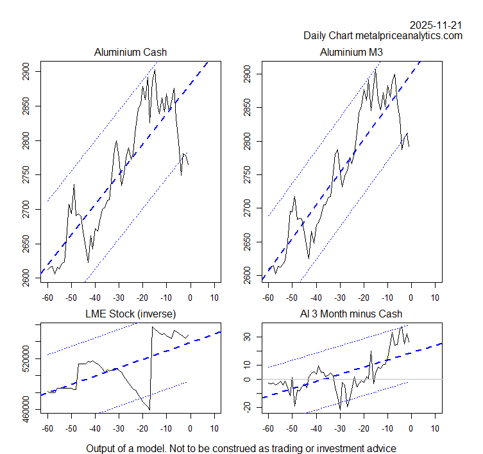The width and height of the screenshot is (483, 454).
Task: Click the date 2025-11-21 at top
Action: tap(436, 25)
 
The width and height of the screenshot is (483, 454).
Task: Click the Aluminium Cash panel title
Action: tap(130, 52)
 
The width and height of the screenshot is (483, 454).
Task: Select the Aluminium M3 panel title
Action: tap(351, 52)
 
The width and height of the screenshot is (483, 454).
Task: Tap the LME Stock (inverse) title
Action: tap(130, 314)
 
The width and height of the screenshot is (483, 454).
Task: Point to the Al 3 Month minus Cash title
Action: tap(351, 314)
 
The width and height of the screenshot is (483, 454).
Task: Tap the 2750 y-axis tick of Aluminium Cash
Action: tap(26, 174)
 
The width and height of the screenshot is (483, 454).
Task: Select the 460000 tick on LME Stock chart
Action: tap(26, 405)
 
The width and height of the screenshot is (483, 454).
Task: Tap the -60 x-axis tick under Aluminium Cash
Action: tap(47, 298)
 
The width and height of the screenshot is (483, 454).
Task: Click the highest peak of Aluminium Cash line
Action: tap(155, 70)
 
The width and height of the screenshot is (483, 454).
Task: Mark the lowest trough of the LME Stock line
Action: tap(149, 409)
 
